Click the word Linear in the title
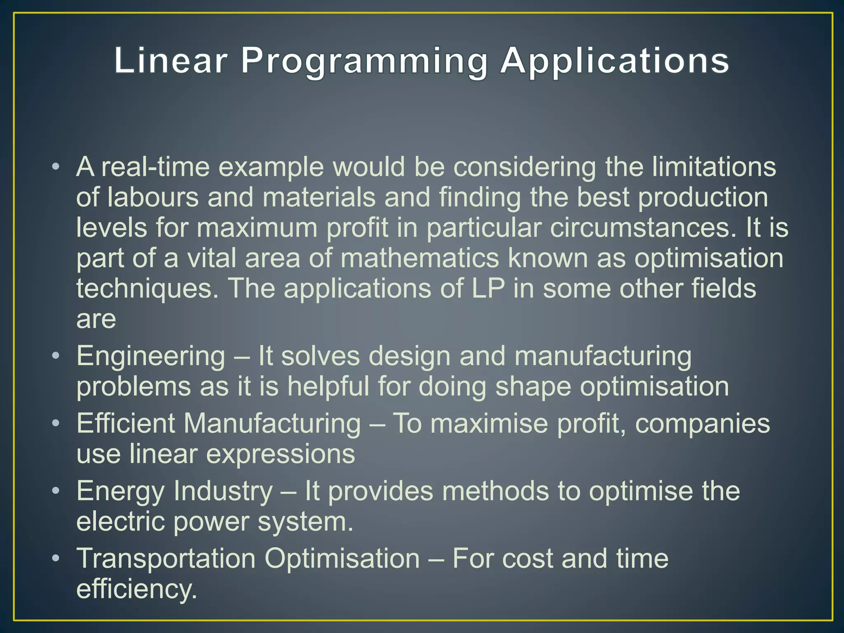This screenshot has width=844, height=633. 171,61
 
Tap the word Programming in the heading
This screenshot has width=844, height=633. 364,62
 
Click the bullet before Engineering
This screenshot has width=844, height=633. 56,355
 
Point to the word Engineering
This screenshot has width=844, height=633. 151,357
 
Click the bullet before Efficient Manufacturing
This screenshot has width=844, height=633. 56,423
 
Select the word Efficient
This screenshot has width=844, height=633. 126,424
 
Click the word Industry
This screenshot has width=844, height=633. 223,491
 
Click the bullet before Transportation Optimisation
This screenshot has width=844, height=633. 56,558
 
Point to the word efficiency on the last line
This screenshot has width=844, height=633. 136,589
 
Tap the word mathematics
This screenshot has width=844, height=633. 420,258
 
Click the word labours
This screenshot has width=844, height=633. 153,197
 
